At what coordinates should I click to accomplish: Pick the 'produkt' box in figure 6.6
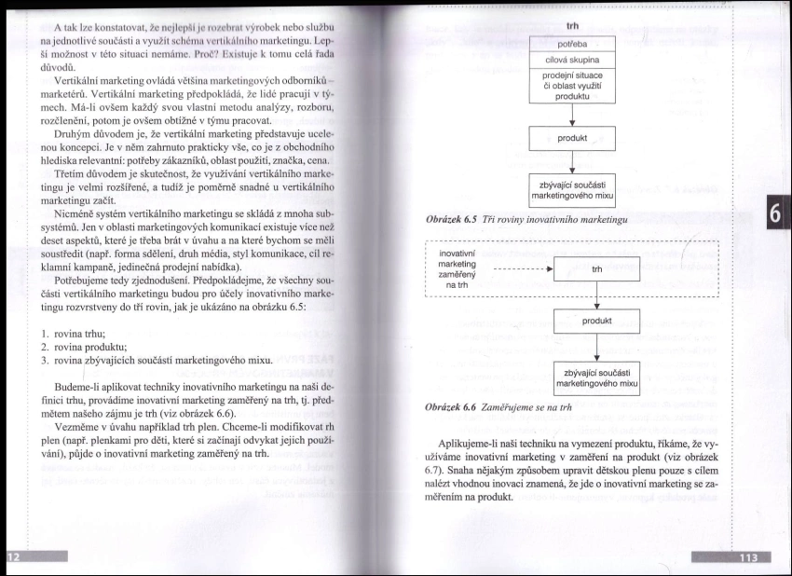pyautogui.click(x=596, y=321)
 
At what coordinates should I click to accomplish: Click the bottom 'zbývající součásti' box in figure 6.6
pyautogui.click(x=596, y=377)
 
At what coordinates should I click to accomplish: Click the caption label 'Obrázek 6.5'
pyautogui.click(x=451, y=219)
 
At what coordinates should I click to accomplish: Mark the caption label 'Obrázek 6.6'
pyautogui.click(x=451, y=408)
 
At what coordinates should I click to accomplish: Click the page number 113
pyautogui.click(x=747, y=558)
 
